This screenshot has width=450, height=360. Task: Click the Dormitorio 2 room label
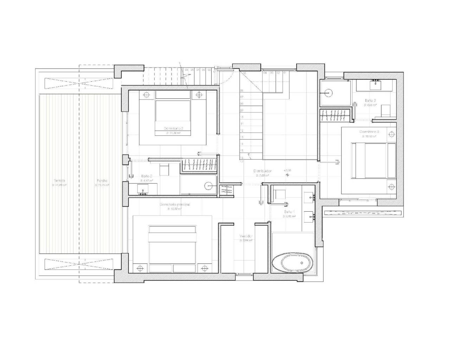[x=173, y=128]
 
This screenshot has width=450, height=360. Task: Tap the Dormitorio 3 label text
[x=369, y=131]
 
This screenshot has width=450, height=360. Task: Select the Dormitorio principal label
[x=175, y=204]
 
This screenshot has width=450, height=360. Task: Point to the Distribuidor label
[x=262, y=171]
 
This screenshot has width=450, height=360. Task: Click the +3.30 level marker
[x=288, y=171]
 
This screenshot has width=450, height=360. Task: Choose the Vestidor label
[x=246, y=236]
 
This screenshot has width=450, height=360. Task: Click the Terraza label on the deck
[x=59, y=180]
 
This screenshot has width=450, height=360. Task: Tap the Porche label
[x=102, y=180]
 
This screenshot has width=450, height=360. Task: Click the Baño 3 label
[x=371, y=100]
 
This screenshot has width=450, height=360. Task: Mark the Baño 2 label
[x=147, y=176]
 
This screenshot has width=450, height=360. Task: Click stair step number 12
[x=242, y=130]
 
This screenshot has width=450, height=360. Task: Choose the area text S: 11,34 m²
[x=173, y=134]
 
